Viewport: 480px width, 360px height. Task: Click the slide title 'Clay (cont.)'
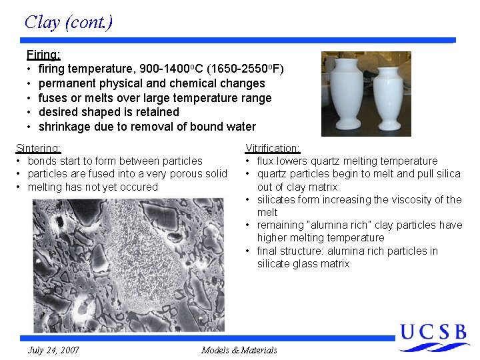(68, 22)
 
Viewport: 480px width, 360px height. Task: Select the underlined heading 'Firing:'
(43, 54)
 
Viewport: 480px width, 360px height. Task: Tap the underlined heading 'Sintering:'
(38, 148)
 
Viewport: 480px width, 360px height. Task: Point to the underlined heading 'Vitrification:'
(272, 148)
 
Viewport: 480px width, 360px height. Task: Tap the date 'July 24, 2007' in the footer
(54, 350)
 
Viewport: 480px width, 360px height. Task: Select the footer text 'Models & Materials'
(239, 350)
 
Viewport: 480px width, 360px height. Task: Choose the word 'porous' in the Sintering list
(187, 174)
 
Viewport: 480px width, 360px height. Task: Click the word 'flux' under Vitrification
(266, 161)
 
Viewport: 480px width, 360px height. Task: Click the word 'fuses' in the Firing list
(53, 98)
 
